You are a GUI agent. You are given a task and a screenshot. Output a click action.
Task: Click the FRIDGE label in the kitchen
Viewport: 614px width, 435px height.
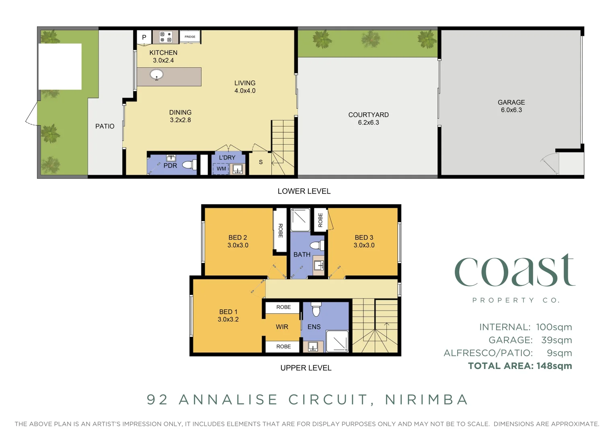tap(190, 37)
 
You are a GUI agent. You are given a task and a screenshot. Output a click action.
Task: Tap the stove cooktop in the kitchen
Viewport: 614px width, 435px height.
tap(166, 37)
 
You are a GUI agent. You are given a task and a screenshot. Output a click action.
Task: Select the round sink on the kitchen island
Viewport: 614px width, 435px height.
tap(156, 75)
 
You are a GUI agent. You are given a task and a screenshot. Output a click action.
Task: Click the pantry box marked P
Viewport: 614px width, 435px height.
tap(144, 37)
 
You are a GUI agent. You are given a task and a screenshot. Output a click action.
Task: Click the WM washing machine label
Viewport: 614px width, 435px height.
tap(221, 169)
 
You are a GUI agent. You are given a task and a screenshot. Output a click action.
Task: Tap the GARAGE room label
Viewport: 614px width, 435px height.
tap(511, 102)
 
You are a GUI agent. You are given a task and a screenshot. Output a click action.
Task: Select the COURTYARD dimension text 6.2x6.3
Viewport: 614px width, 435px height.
tap(368, 122)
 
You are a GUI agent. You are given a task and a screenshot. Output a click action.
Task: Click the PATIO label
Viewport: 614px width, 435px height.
tap(105, 126)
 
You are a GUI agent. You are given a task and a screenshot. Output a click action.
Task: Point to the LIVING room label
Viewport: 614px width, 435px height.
tap(245, 83)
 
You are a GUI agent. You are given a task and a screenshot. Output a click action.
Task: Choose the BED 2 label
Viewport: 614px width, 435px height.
tap(238, 238)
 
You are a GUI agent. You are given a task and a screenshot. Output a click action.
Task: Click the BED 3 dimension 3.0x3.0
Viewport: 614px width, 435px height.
tap(364, 245)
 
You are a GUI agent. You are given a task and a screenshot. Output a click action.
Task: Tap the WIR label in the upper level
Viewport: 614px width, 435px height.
tap(282, 327)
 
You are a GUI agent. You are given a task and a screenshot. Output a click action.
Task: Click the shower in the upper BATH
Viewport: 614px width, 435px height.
tap(300, 220)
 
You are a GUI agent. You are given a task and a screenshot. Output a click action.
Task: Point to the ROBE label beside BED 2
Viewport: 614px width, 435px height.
tap(280, 230)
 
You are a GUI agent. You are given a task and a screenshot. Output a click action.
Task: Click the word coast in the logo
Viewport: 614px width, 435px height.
tap(515, 271)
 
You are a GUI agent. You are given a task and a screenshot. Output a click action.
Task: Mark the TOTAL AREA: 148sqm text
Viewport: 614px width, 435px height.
tap(520, 366)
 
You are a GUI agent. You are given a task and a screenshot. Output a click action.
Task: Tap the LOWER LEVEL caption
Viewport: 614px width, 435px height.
tap(304, 191)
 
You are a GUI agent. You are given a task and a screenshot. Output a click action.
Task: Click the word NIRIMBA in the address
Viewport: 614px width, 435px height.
tap(427, 400)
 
